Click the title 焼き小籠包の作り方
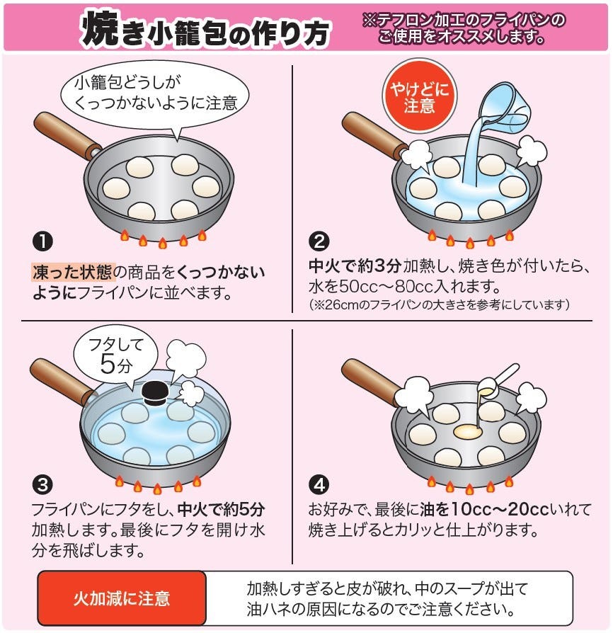pos(205,28)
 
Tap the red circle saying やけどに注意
pos(419,96)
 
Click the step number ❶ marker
pos(42,242)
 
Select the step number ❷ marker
pos(319,242)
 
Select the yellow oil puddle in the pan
pos(468,432)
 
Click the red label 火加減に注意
pos(122,598)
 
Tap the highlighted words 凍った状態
pos(73,272)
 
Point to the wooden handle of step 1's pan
pos(67,135)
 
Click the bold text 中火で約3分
pos(355,266)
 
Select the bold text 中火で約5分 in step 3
pos(221,510)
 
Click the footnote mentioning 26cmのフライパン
pos(439,304)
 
